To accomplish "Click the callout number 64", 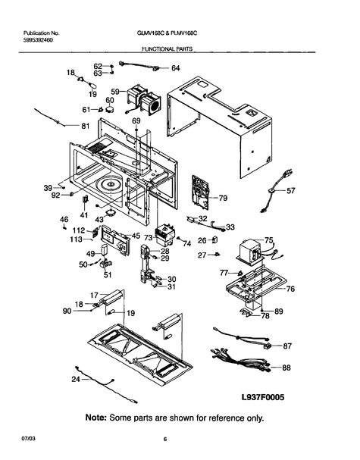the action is coord(175,68).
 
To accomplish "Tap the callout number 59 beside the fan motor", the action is coord(115,92).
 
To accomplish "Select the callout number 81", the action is coord(85,126).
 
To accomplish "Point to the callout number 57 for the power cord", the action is coord(290,191).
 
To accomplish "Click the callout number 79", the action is coord(223,198).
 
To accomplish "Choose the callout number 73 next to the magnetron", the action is coord(149,237).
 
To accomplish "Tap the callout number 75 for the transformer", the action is coord(269,240).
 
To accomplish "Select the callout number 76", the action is coord(290,289).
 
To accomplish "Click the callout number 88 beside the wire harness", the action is coord(286,368).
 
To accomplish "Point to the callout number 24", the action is coord(76,380).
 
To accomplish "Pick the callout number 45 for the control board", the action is coord(136,236).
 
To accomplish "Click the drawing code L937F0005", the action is coord(263,397).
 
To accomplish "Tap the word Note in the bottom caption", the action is coord(95,418).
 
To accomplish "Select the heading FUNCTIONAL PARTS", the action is coord(167,49).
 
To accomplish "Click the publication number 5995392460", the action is coord(38,40).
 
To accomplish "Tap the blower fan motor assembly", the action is coord(144,99).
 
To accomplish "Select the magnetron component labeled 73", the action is coord(164,234).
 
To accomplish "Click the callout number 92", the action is coord(56,196).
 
